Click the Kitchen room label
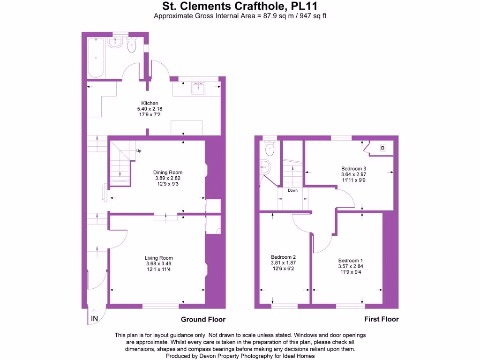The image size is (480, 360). point(150,103)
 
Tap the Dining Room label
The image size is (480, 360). point(168,172)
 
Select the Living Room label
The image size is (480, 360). point(158,258)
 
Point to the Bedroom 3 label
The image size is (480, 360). point(353,169)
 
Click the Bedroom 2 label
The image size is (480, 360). point(283,257)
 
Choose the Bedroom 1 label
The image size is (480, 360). point(351,261)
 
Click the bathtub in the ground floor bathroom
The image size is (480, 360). point(96,57)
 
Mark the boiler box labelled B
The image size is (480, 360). point(382,149)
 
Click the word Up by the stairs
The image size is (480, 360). point(139,151)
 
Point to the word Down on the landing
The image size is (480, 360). point(292,190)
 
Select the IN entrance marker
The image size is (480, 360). point(94,319)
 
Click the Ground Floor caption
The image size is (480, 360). point(203,320)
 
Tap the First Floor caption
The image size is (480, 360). point(382,319)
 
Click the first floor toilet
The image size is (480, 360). point(270,149)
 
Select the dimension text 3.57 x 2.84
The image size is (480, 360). point(351,266)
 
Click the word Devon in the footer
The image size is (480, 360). point(203,356)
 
